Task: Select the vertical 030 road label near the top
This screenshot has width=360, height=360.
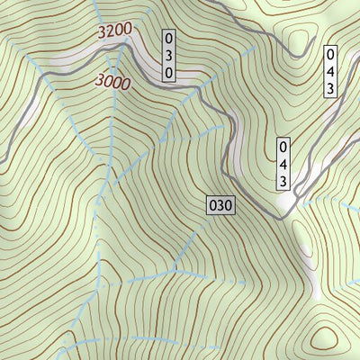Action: point(168,56)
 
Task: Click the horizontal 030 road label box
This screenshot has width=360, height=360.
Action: point(220,205)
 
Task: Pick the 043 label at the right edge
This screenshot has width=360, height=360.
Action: point(331,71)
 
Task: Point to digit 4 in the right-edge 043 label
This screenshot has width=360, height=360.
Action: point(331,71)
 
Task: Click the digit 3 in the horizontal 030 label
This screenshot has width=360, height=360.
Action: point(220,205)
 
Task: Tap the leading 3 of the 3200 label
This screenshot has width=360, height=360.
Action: point(100,36)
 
